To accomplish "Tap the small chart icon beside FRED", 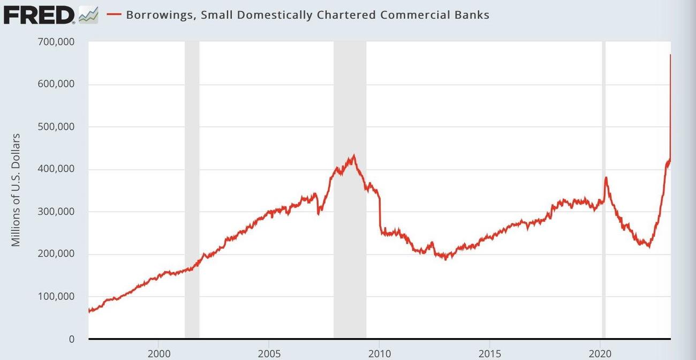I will pos(88,15).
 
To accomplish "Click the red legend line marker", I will pos(114,14).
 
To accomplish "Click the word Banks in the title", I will pos(472,14).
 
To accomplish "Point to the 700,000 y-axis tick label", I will pos(56,42).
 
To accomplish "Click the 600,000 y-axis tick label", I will pos(56,84).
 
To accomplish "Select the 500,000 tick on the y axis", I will pos(56,127).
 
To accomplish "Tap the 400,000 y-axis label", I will pos(56,169).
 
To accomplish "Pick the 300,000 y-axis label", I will pos(56,212).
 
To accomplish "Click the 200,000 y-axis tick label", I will pos(56,254).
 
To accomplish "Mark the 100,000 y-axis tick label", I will pos(56,297).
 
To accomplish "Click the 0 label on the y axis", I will pos(71,339).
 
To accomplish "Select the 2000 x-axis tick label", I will pos(158,354).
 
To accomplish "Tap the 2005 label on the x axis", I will pos(269,354).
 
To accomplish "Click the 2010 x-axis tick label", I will pos(379,354).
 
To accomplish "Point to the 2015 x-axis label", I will pos(490,354).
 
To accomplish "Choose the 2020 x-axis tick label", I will pos(600,354).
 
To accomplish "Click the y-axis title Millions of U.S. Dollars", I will pos(16,190).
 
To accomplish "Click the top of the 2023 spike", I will pos(670,55).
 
